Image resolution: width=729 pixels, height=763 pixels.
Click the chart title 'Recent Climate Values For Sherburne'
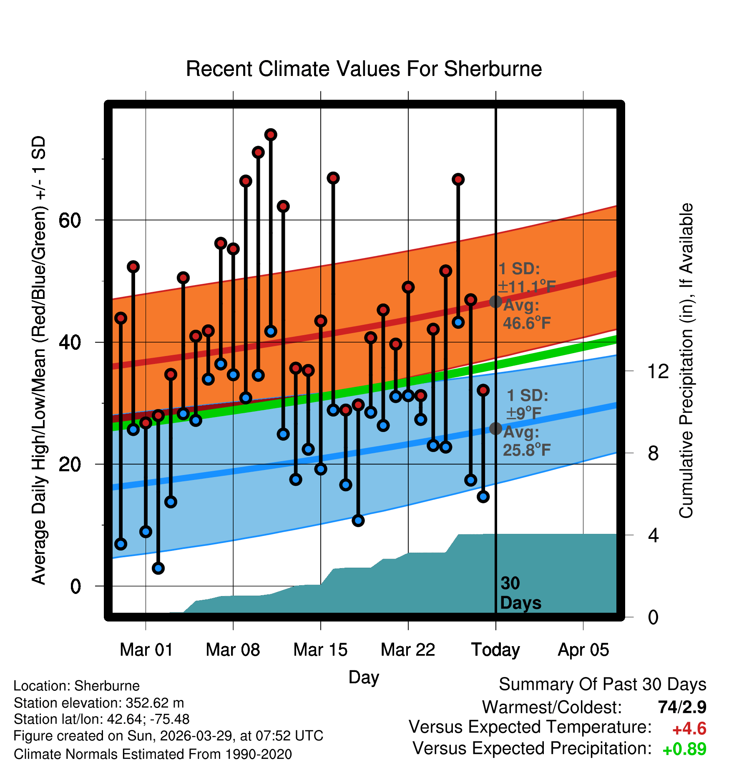[x=364, y=69]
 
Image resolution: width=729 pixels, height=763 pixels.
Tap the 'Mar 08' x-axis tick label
[x=233, y=650]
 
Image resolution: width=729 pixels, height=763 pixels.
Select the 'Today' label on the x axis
[x=495, y=650]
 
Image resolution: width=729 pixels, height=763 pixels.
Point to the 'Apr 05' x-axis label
[x=583, y=650]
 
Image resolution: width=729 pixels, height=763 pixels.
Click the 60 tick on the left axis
[x=70, y=220]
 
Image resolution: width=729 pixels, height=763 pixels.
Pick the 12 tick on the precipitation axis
[x=658, y=371]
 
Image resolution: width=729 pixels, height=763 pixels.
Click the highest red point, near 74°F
[x=271, y=135]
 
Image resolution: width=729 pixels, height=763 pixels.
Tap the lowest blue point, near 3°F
[x=158, y=568]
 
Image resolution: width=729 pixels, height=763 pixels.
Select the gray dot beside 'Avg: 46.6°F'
[x=495, y=301]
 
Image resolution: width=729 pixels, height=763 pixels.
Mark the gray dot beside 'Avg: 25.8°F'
[x=495, y=428]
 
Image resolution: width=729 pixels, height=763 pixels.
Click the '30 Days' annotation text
[x=520, y=593]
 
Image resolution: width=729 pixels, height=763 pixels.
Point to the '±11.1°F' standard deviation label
[x=527, y=287]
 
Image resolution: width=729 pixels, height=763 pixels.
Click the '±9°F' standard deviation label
[x=524, y=414]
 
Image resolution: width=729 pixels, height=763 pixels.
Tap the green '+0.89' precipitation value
[x=684, y=749]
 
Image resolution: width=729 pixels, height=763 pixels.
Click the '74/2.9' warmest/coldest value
[x=682, y=707]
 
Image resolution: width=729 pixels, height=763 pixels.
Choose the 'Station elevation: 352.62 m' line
[x=99, y=703]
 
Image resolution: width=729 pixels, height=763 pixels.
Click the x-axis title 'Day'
[x=364, y=677]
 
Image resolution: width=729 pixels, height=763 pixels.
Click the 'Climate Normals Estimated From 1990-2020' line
[x=153, y=754]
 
